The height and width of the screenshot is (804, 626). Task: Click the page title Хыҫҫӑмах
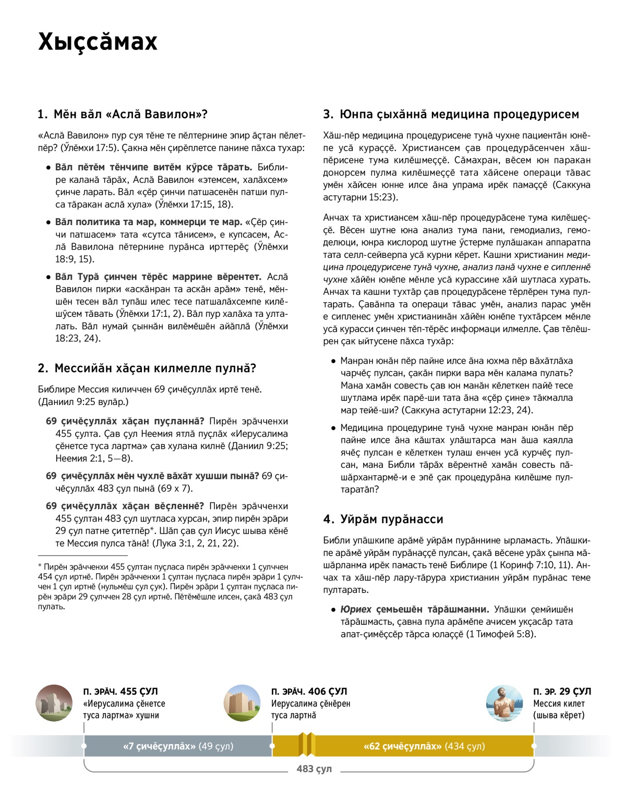98,42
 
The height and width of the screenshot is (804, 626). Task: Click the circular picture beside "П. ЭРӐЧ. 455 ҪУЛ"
54,703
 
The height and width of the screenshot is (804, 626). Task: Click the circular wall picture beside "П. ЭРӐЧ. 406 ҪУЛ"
242,703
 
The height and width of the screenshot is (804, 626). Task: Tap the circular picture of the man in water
504,703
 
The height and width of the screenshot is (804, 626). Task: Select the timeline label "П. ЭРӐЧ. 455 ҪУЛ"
121,691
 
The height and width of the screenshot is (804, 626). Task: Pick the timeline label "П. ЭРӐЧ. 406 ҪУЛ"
309,691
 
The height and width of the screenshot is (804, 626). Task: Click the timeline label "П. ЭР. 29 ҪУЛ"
562,691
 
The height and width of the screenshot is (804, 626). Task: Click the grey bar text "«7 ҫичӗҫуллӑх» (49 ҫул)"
178,746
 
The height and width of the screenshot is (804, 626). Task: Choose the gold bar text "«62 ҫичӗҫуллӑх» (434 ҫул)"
424,746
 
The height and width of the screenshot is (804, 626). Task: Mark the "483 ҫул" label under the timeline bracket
314,769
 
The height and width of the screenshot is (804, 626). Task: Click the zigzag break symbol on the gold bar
307,744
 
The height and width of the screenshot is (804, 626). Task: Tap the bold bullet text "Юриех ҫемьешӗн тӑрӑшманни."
415,609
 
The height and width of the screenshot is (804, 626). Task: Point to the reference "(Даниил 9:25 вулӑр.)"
83,402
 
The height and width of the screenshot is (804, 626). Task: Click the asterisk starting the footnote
40,566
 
